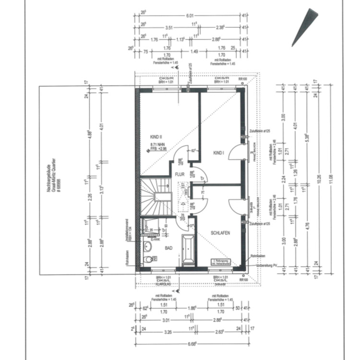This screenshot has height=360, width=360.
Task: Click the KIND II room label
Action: (156, 137)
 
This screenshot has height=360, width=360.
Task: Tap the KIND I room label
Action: (218, 153)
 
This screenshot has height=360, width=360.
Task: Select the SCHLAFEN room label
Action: (220, 233)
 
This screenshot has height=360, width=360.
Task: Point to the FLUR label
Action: (180, 174)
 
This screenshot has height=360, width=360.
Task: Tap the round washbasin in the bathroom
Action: (148, 246)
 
